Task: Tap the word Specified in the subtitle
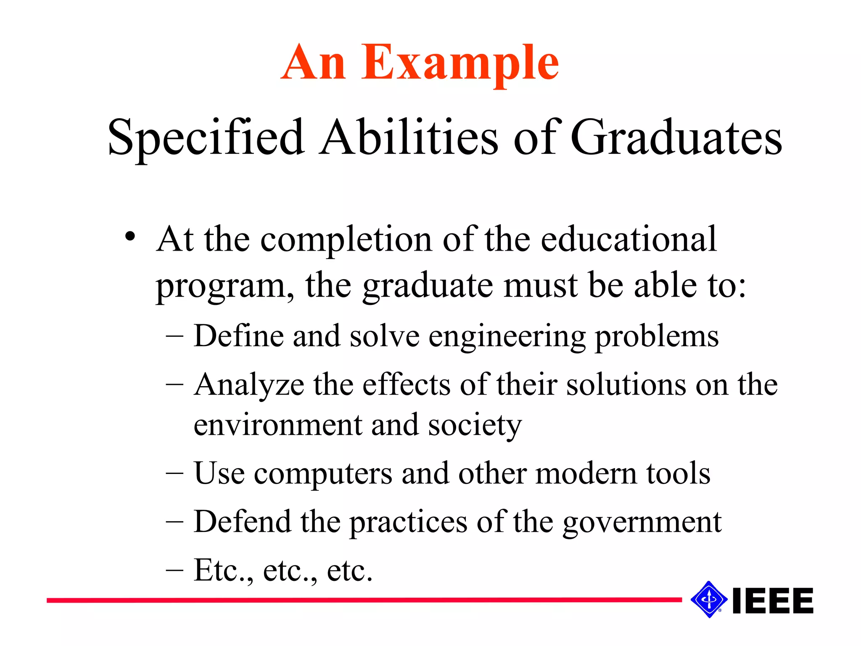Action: tap(206, 138)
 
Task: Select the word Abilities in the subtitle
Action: tap(409, 138)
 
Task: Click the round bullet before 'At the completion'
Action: tap(130, 237)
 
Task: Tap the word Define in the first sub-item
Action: tap(238, 336)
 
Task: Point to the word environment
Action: tap(277, 425)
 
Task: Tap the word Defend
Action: tap(242, 522)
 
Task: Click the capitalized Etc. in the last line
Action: tap(224, 570)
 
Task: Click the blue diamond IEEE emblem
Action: tap(709, 599)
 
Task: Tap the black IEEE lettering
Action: tap(773, 601)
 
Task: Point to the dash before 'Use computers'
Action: tap(174, 474)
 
